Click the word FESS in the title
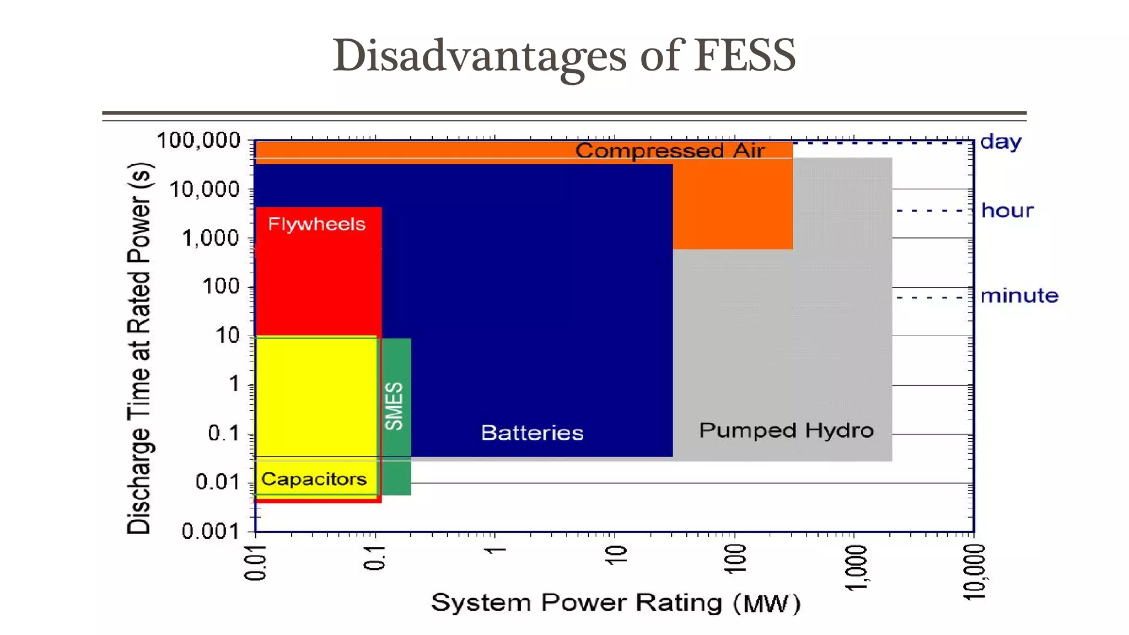pyautogui.click(x=744, y=55)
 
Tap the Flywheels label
pyautogui.click(x=316, y=224)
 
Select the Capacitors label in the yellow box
pyautogui.click(x=314, y=478)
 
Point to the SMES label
pyautogui.click(x=394, y=406)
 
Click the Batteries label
pyautogui.click(x=532, y=433)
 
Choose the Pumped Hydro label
pyautogui.click(x=786, y=430)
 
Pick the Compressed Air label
pyautogui.click(x=670, y=150)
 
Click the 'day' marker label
pyautogui.click(x=1001, y=142)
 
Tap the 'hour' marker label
pyautogui.click(x=1007, y=211)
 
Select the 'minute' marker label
pyautogui.click(x=1019, y=296)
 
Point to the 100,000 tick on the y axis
pyautogui.click(x=199, y=141)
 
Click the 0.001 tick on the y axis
pyautogui.click(x=211, y=531)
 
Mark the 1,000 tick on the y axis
pyautogui.click(x=211, y=238)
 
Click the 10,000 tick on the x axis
pyautogui.click(x=974, y=572)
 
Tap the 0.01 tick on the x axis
pyautogui.click(x=255, y=563)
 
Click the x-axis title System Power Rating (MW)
pyautogui.click(x=615, y=602)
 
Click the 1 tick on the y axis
pyautogui.click(x=234, y=384)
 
